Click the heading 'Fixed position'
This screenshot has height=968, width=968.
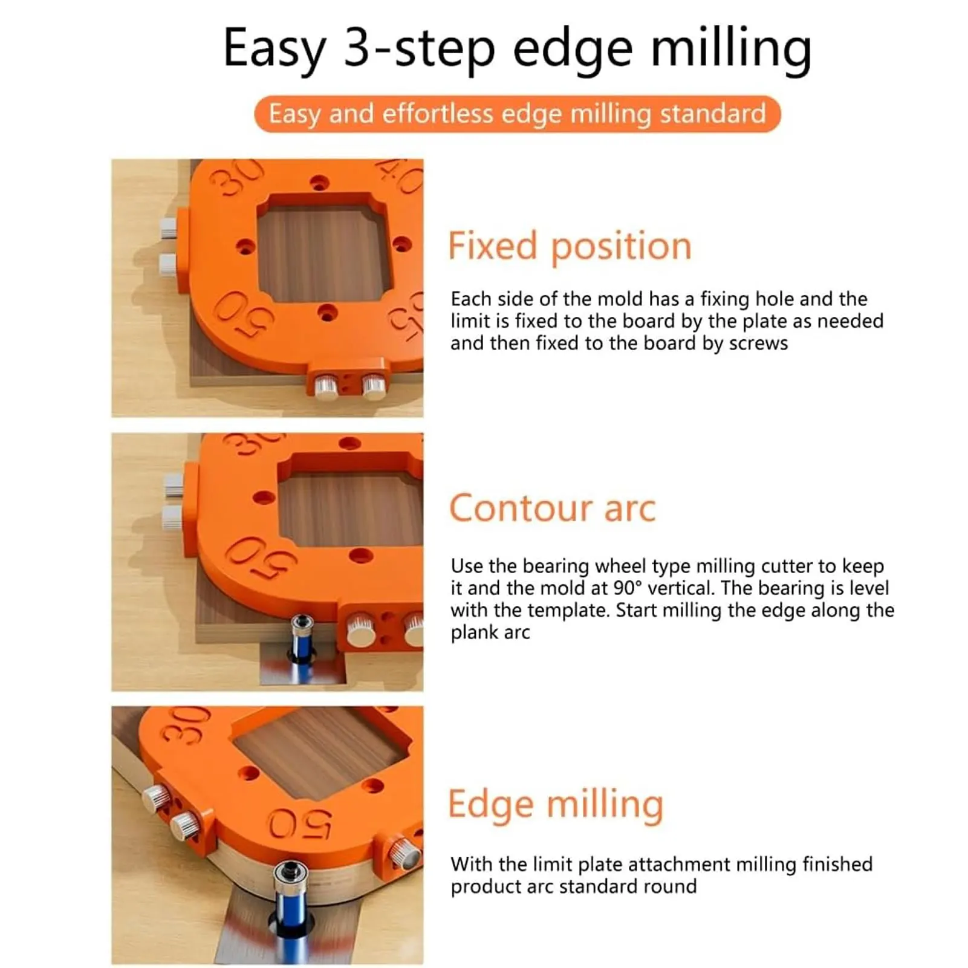click(x=569, y=247)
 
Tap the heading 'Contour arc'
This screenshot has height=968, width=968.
click(x=552, y=508)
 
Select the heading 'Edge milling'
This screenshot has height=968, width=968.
click(x=555, y=805)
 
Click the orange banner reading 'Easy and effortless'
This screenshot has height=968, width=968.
click(x=517, y=114)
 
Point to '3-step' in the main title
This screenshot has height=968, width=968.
click(x=419, y=48)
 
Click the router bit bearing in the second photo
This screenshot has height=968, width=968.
click(x=302, y=624)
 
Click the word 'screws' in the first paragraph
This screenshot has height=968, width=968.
click(x=758, y=343)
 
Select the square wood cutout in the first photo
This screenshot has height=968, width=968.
click(x=323, y=254)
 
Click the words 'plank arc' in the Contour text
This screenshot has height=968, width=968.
click(x=490, y=632)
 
